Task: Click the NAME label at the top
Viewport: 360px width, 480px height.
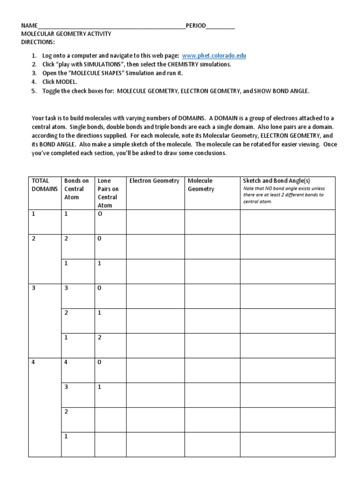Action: tap(29, 26)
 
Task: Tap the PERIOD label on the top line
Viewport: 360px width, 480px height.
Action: tap(196, 26)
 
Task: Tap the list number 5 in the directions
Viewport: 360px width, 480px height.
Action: tap(34, 91)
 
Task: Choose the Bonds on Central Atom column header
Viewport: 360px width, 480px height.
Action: tap(76, 189)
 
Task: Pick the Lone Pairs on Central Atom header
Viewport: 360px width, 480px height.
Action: tap(108, 193)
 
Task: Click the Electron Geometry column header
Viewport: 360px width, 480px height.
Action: tap(154, 181)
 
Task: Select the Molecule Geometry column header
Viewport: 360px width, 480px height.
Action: tap(201, 185)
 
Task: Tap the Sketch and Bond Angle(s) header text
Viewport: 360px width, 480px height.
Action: tap(276, 181)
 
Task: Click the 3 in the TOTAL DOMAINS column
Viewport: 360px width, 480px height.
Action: tap(34, 288)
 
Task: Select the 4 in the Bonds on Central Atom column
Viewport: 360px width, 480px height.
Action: tap(66, 362)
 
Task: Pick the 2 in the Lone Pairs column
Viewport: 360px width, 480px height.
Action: tap(99, 337)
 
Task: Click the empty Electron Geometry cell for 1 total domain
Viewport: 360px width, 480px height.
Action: tap(155, 222)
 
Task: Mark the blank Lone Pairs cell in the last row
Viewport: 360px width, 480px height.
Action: tap(110, 444)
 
